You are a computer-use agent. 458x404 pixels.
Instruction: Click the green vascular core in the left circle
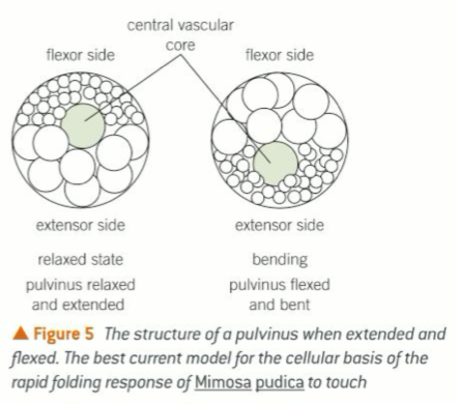pyautogui.click(x=83, y=125)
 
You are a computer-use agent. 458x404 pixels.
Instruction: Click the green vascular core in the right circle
pyautogui.click(x=275, y=163)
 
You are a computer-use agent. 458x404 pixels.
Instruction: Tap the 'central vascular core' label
pyautogui.click(x=180, y=34)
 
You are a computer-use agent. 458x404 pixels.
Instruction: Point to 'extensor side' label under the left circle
pyautogui.click(x=80, y=225)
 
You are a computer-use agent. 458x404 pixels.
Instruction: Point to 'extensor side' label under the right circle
pyautogui.click(x=279, y=225)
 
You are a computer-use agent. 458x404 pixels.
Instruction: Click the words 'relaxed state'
pyautogui.click(x=80, y=259)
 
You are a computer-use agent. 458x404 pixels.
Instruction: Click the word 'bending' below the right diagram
pyautogui.click(x=279, y=259)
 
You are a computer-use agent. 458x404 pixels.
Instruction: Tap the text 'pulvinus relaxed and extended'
pyautogui.click(x=80, y=294)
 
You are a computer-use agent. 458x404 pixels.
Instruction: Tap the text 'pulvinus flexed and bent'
pyautogui.click(x=279, y=294)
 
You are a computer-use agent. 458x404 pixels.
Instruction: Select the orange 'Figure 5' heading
pyautogui.click(x=64, y=334)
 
